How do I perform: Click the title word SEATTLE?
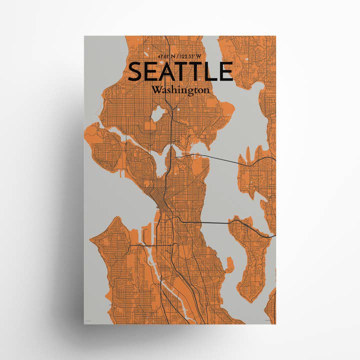point(180,71)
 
